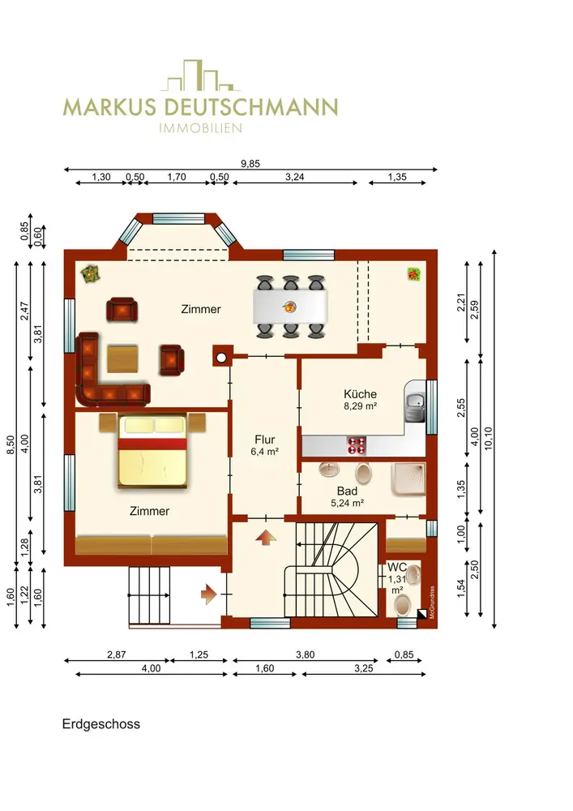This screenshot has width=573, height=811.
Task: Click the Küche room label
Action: (360, 393)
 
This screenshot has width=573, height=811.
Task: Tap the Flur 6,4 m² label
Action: (264, 444)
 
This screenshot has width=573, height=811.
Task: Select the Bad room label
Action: (347, 491)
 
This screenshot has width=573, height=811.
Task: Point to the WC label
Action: (397, 568)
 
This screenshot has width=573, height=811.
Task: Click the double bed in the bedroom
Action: (152, 451)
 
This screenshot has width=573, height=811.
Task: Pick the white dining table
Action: (290, 307)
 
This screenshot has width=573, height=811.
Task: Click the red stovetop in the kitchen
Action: (357, 445)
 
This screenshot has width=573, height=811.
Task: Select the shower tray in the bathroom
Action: (408, 479)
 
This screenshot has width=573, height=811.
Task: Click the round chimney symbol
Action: (221, 358)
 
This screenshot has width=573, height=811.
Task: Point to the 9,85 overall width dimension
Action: (250, 164)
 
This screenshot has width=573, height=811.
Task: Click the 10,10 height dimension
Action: (488, 438)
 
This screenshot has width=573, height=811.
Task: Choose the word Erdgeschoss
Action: (101, 723)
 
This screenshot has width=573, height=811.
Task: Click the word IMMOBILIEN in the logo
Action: (200, 128)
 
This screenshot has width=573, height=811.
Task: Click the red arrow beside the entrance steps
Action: (208, 594)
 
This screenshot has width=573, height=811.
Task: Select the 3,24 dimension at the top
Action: (295, 177)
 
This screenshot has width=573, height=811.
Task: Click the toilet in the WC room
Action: (402, 605)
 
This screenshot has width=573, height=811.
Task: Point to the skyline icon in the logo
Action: (200, 75)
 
